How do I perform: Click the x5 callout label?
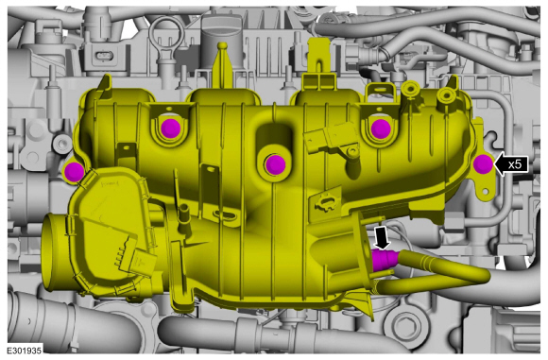pyautogui.click(x=515, y=163)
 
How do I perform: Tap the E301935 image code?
pyautogui.click(x=25, y=351)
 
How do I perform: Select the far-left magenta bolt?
pyautogui.click(x=74, y=172)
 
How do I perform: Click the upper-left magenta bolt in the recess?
pyautogui.click(x=171, y=128)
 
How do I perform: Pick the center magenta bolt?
pyautogui.click(x=275, y=163)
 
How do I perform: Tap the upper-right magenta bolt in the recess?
pyautogui.click(x=381, y=129)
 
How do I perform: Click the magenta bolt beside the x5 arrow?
pyautogui.click(x=483, y=163)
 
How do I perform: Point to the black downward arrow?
pyautogui.click(x=383, y=238)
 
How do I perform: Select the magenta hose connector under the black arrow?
pyautogui.click(x=385, y=260)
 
